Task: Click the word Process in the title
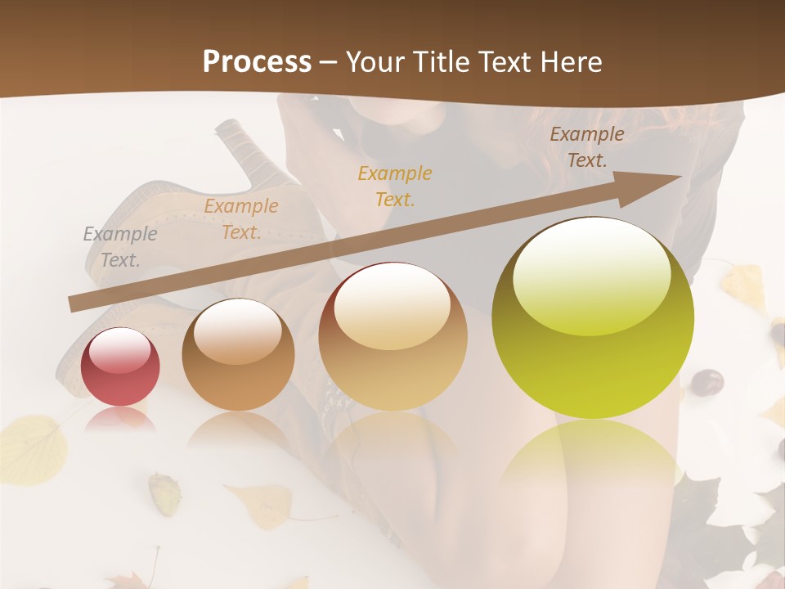tap(257, 62)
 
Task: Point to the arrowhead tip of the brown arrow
tap(681, 176)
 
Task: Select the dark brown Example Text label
tap(586, 147)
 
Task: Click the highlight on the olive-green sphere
tap(591, 278)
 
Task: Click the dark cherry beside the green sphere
tap(707, 382)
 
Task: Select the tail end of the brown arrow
tap(74, 304)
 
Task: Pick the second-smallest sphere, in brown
tap(238, 356)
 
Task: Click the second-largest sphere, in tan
tap(393, 337)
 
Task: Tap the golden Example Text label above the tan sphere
tap(395, 186)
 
